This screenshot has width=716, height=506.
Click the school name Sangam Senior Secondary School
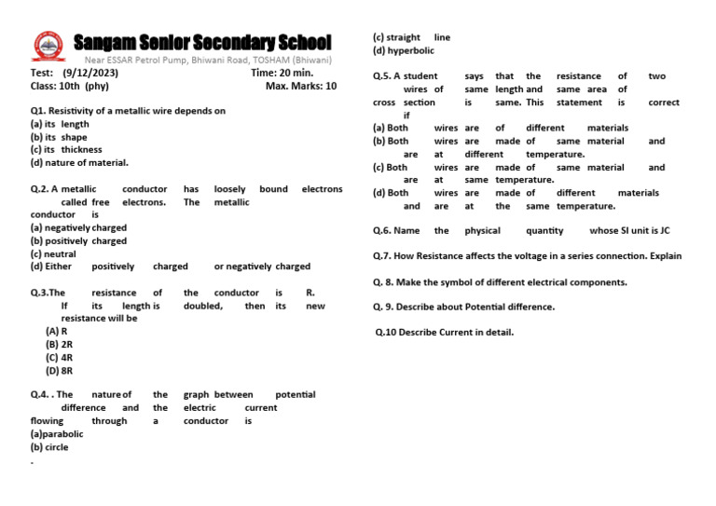(202, 43)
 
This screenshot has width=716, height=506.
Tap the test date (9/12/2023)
(93, 73)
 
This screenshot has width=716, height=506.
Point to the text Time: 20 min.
(282, 73)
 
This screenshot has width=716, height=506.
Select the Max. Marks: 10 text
(300, 86)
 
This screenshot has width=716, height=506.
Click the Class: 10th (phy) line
(70, 86)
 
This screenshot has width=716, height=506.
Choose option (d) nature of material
(79, 163)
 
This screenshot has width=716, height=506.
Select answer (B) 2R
(60, 344)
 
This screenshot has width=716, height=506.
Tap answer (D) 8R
(60, 370)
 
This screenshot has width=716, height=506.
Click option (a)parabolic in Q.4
(57, 434)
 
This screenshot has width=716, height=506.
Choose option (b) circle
(49, 447)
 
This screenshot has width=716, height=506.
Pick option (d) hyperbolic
(406, 50)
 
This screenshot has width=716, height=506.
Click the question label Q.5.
(382, 76)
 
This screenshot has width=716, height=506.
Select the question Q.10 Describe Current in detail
(444, 332)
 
